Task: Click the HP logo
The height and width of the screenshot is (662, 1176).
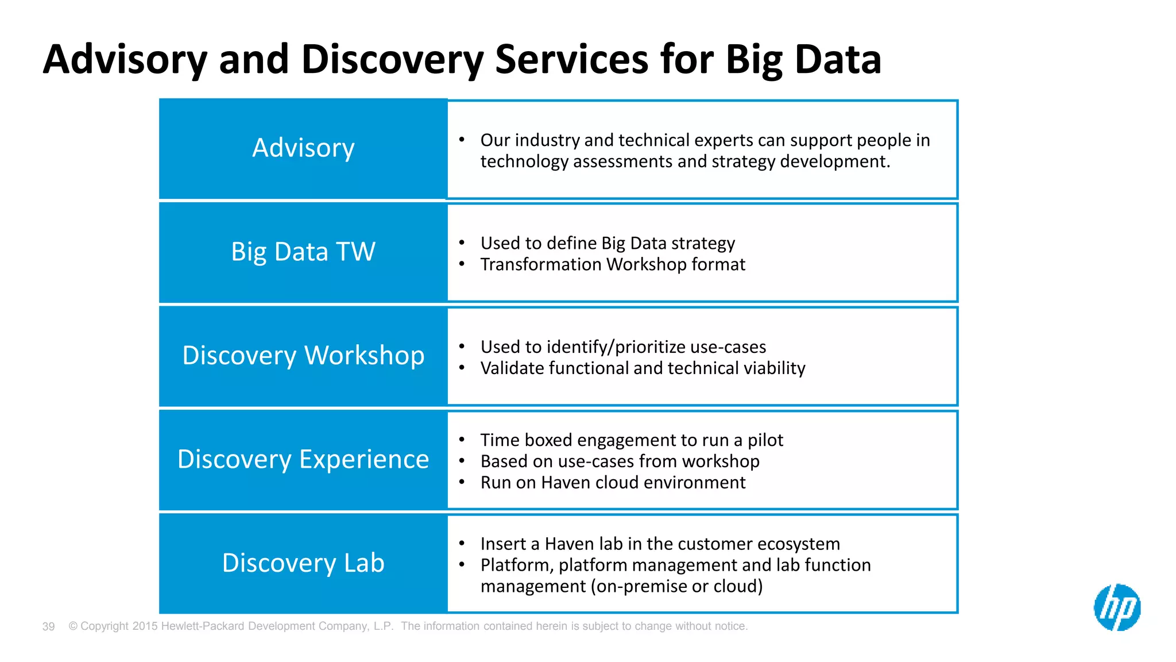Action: [1117, 607]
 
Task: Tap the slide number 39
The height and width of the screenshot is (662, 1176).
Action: [49, 626]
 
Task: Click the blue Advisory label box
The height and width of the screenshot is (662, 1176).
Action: [303, 148]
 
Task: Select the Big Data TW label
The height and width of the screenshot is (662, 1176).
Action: [303, 252]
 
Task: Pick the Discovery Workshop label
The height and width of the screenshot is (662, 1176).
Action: [303, 355]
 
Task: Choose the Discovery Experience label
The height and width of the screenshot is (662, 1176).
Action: [303, 459]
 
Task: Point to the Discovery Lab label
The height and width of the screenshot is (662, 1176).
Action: [303, 563]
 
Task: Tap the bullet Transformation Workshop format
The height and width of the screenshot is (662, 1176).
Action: [613, 264]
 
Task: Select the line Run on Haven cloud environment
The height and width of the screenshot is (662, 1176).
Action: [613, 483]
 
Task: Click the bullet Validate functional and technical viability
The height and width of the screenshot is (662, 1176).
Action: [643, 368]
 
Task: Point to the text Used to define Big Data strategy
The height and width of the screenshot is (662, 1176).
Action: [608, 244]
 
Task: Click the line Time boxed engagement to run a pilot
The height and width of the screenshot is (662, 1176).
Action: [632, 440]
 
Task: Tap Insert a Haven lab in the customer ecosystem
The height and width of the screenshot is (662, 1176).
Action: [660, 544]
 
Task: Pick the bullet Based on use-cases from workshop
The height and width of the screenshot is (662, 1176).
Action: [620, 461]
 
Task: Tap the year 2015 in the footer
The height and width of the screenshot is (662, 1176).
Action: [145, 626]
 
